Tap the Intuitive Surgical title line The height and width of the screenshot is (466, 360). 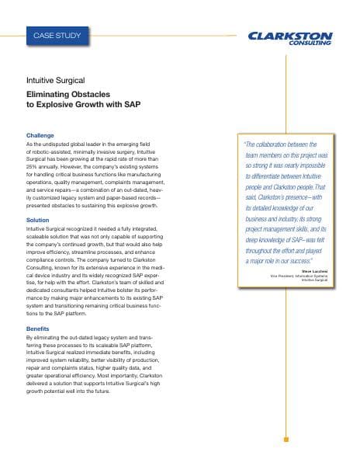56,81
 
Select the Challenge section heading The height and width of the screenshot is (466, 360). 40,135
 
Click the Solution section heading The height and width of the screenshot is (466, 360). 38,221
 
